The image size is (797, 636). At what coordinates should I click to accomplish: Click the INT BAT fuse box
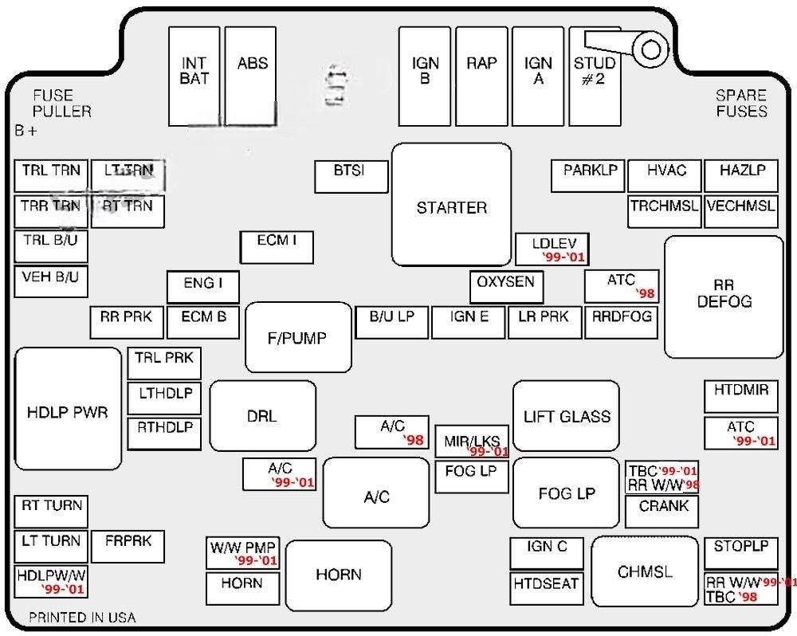[194, 77]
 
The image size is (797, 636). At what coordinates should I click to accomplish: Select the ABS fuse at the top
[252, 77]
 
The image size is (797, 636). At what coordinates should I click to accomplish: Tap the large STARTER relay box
[451, 206]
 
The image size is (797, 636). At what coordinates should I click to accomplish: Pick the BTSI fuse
[351, 176]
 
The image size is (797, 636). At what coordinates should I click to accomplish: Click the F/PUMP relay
[298, 337]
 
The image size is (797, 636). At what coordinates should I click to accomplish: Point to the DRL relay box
[262, 415]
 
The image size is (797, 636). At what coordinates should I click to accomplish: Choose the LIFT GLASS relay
[567, 415]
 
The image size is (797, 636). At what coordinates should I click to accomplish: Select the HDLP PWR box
[68, 409]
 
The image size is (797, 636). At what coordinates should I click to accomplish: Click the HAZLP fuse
[741, 175]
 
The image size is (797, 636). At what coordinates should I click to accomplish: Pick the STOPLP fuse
[740, 552]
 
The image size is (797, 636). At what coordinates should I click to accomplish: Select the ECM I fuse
[277, 246]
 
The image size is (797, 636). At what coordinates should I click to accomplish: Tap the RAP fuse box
[481, 77]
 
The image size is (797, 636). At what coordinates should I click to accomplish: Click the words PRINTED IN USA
[82, 618]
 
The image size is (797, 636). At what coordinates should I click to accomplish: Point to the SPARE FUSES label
[741, 104]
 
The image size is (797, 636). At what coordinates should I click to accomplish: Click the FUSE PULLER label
[62, 104]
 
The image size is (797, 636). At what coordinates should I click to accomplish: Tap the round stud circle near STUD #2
[651, 50]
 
